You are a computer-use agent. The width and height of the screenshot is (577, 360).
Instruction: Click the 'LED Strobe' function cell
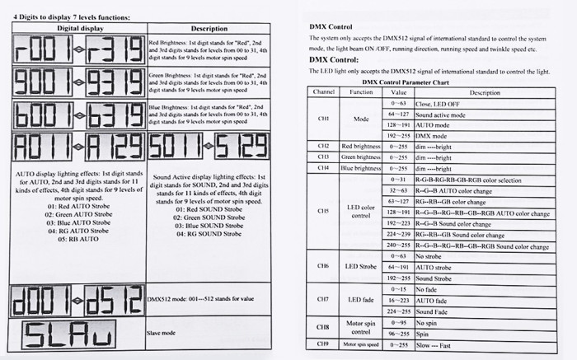(x=361, y=267)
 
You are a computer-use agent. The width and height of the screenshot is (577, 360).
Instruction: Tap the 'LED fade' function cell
(x=361, y=299)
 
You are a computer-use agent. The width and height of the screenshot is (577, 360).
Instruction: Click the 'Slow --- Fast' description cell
(x=438, y=344)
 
